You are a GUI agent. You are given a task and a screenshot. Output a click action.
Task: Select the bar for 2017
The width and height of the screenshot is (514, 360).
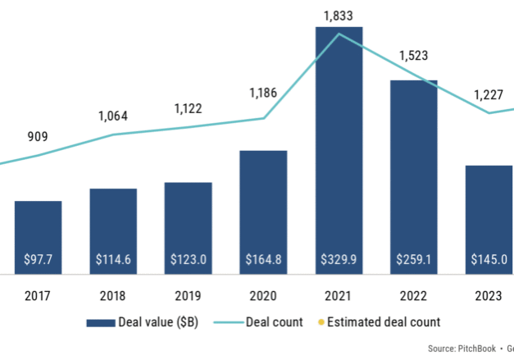coord(38,238)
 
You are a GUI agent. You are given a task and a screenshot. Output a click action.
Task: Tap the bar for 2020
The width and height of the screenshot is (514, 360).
coord(263,213)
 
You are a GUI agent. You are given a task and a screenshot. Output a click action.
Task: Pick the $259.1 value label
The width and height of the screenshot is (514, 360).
coord(414,260)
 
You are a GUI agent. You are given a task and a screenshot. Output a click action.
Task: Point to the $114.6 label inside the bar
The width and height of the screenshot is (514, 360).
coord(113,260)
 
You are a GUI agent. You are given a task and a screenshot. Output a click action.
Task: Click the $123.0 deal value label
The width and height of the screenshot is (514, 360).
coord(188,260)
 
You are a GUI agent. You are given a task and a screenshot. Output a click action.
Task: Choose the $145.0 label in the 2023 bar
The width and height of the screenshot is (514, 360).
coord(489,260)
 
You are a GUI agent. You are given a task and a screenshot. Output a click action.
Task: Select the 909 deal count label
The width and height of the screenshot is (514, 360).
coord(38,137)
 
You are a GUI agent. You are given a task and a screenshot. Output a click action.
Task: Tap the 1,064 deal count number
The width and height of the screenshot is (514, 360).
coord(113,116)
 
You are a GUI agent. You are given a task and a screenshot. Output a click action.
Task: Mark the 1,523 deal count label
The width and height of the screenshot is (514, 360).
coord(414,57)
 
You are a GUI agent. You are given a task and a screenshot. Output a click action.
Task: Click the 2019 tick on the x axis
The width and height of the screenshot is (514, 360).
coord(188,296)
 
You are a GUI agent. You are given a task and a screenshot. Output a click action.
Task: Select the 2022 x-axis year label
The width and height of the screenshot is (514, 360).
coord(414,296)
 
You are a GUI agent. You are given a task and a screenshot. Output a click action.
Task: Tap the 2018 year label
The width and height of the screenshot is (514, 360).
coord(113,296)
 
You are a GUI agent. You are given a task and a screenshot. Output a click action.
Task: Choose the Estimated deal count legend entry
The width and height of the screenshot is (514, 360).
coord(383,322)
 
